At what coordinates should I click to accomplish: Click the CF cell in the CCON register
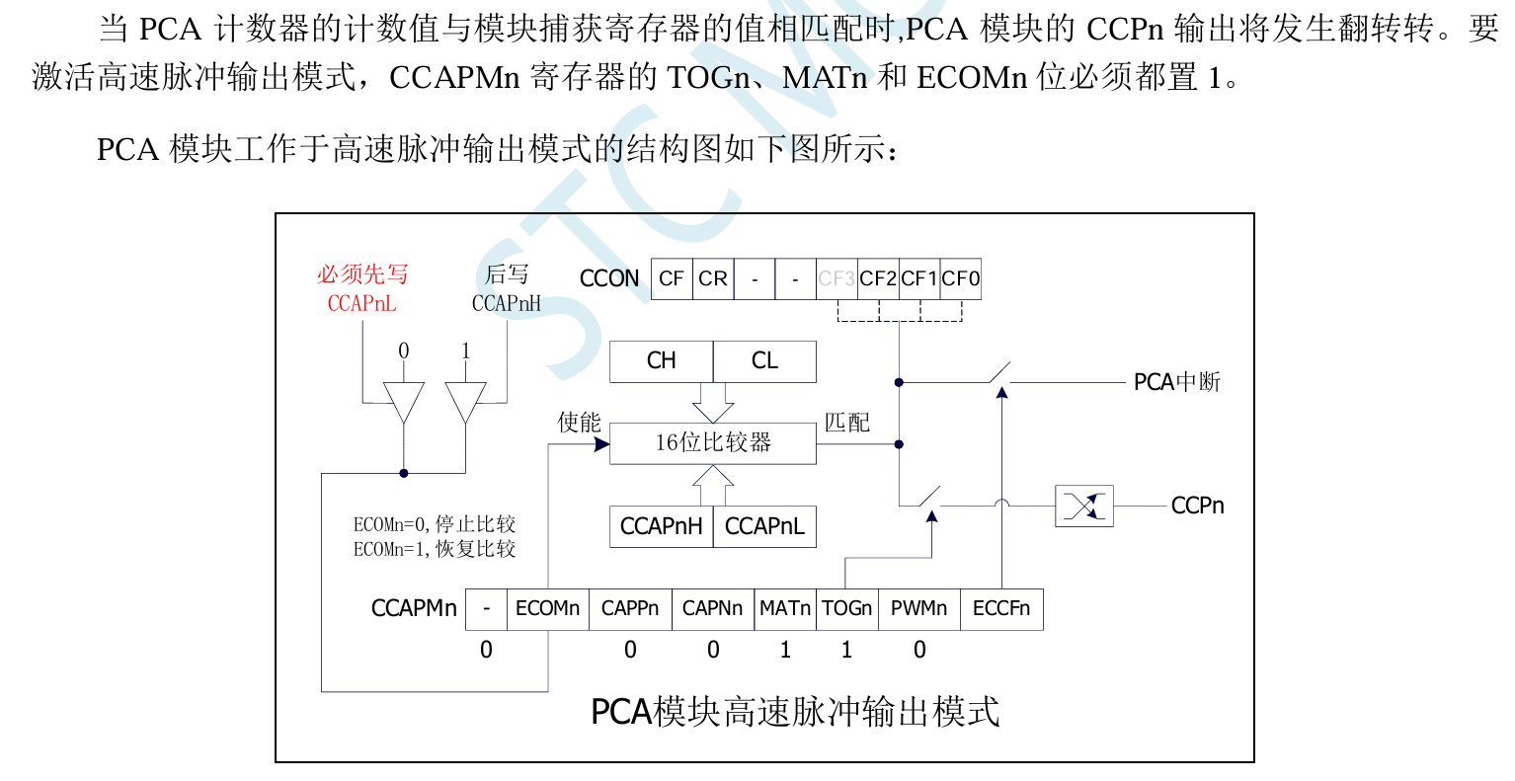tap(672, 278)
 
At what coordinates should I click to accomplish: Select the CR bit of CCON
tap(713, 278)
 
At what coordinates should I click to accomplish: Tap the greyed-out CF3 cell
tap(837, 278)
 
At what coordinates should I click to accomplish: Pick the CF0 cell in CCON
tap(960, 278)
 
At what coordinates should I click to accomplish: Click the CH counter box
tap(661, 361)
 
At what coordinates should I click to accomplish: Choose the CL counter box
tap(764, 361)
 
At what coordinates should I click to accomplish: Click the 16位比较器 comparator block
tap(713, 443)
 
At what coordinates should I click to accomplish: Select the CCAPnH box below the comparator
tap(661, 526)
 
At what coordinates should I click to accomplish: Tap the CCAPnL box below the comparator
tap(765, 526)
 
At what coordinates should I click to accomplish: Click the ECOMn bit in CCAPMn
tap(547, 609)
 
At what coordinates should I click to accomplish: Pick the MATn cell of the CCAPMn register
tap(785, 609)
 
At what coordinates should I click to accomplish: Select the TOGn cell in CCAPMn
tap(846, 609)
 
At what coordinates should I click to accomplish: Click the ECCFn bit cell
tap(1001, 609)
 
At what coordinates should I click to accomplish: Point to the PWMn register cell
tap(918, 609)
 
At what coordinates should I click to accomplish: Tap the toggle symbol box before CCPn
tap(1084, 507)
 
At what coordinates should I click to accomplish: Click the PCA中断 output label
tap(1176, 382)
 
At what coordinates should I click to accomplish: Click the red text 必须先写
tap(362, 274)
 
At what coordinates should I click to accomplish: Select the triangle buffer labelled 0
tap(403, 400)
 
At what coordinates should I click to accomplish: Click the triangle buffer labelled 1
tap(465, 400)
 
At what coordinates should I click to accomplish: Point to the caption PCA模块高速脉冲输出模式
tap(795, 712)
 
